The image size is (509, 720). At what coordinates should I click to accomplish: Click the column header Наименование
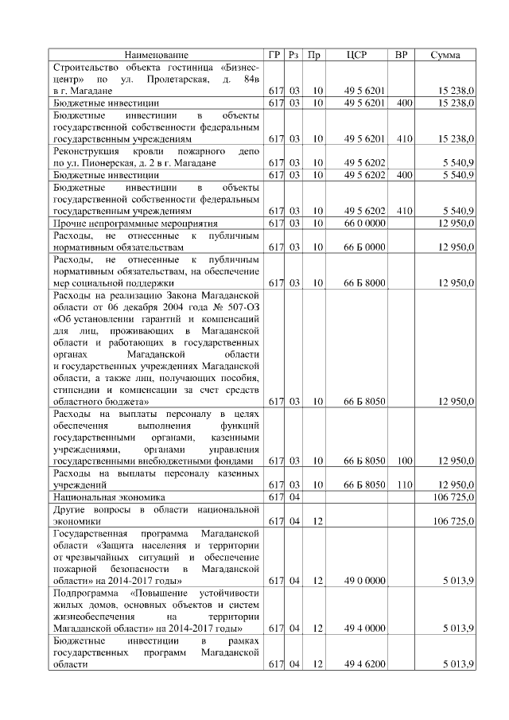(x=156, y=55)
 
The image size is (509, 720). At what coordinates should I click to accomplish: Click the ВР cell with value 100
(x=404, y=461)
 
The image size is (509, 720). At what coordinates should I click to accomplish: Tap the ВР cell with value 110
(x=404, y=485)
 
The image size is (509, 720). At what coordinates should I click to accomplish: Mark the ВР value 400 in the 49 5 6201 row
(x=404, y=103)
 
